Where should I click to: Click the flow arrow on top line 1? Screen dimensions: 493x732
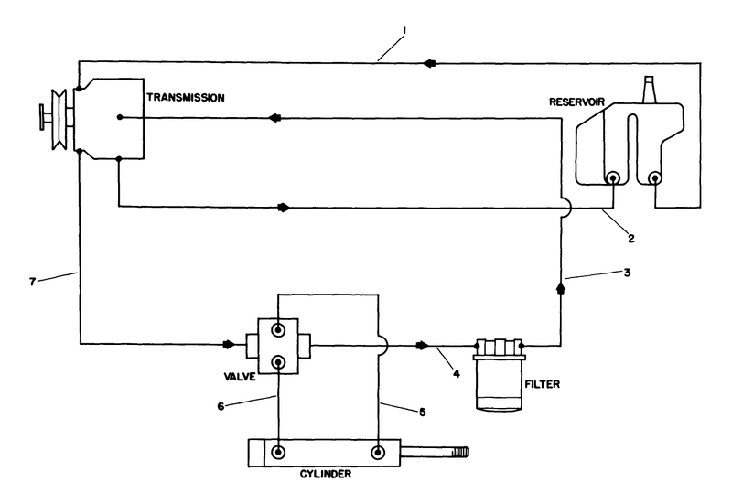(x=429, y=60)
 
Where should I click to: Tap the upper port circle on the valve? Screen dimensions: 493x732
(x=278, y=327)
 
